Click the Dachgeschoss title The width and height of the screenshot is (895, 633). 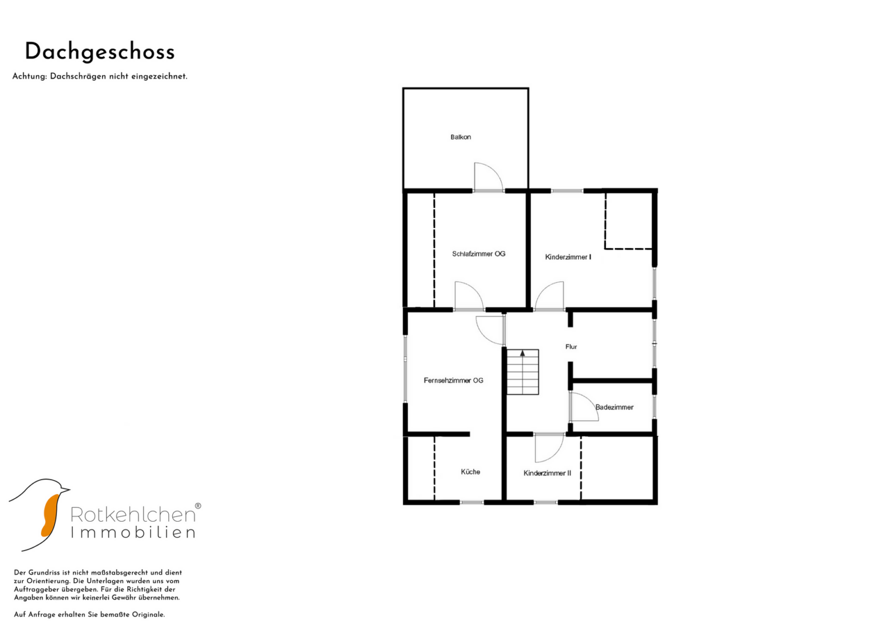coord(100,52)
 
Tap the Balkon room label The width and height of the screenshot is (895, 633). coord(461,137)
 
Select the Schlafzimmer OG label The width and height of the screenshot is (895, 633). coord(479,254)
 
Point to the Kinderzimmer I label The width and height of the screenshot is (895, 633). coord(568,257)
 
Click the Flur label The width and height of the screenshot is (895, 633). coord(571,346)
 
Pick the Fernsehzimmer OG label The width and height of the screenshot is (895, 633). coord(454,380)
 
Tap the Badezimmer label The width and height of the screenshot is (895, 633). coord(614,407)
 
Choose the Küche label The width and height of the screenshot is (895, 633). coord(470,472)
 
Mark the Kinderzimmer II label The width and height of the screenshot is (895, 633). coord(547,473)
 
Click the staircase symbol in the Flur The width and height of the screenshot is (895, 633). coord(523,372)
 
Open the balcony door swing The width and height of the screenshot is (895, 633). coord(488,177)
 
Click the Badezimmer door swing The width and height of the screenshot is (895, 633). coord(584,406)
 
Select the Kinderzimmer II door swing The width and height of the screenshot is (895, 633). coord(550,448)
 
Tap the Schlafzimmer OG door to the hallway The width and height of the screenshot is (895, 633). coord(469,296)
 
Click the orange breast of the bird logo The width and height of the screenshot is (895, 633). coord(50,516)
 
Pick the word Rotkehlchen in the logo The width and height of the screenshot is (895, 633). coord(133,515)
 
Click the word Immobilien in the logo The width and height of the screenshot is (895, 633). coord(133,533)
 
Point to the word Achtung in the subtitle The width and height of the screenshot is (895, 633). coord(29,76)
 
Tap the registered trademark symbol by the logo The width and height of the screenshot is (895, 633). coord(198,506)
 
